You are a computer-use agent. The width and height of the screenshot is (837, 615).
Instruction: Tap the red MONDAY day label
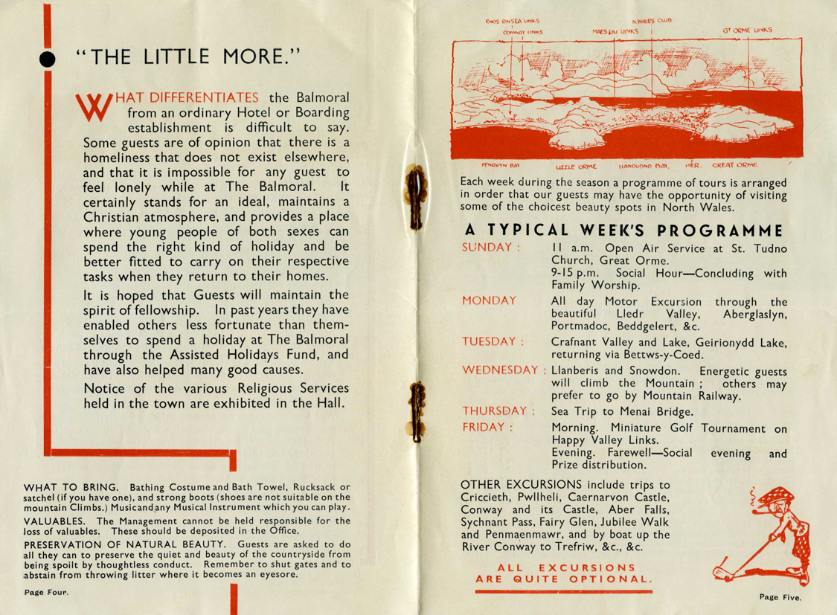pyautogui.click(x=489, y=300)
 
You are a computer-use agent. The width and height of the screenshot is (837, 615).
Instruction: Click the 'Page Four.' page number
pyautogui.click(x=45, y=593)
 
